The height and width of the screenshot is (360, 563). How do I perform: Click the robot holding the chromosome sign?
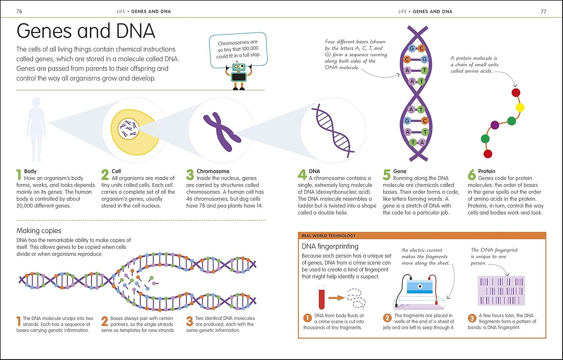click(x=238, y=75)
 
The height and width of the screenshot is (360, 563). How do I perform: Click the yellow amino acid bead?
click(x=520, y=108)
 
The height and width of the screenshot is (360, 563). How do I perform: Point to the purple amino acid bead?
click(x=495, y=125)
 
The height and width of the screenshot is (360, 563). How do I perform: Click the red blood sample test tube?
click(x=321, y=297)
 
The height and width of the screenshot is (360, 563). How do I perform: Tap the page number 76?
click(x=19, y=11)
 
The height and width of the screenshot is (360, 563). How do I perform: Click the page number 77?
click(x=543, y=11)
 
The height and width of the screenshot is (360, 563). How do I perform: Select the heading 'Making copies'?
click(x=39, y=230)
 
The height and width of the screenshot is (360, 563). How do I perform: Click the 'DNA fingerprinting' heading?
click(x=330, y=246)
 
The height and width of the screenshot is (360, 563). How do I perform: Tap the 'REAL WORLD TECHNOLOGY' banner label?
click(x=328, y=236)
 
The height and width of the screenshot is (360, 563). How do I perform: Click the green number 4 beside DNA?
click(x=302, y=175)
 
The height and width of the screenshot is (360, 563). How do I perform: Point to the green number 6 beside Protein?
click(x=472, y=175)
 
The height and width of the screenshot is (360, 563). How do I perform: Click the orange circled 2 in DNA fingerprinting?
click(x=387, y=318)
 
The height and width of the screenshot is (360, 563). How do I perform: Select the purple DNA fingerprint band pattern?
click(x=501, y=291)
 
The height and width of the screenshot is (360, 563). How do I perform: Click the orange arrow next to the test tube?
click(x=337, y=298)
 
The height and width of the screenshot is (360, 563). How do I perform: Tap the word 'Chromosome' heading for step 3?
click(x=213, y=171)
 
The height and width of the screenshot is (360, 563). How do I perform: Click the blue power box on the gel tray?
click(x=420, y=286)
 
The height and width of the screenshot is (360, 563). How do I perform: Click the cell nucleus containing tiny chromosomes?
click(x=128, y=129)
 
